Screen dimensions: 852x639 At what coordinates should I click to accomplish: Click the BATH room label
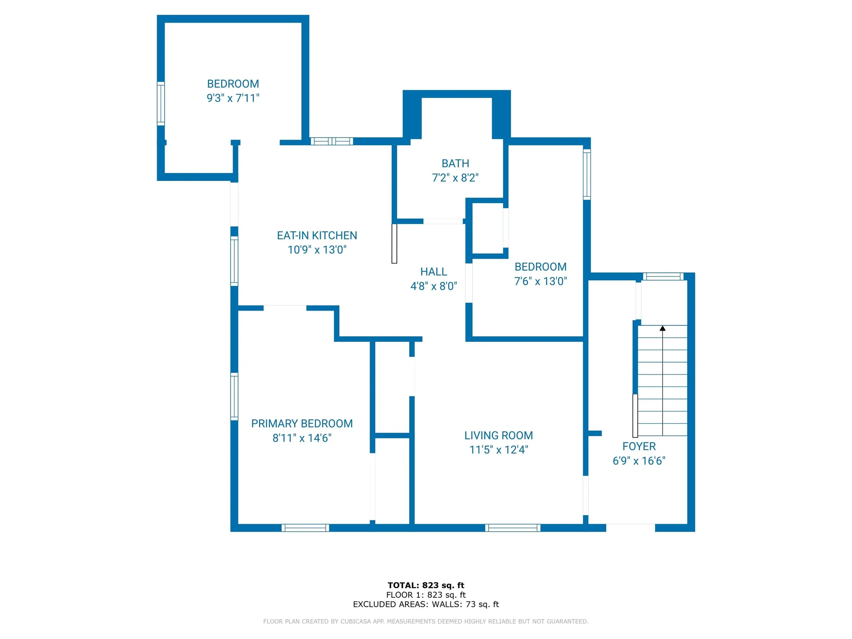(x=455, y=163)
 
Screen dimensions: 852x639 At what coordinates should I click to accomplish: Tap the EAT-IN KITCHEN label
(x=317, y=236)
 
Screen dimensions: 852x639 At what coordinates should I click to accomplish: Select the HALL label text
(x=434, y=272)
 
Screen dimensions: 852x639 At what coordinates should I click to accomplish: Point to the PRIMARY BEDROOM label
(x=302, y=424)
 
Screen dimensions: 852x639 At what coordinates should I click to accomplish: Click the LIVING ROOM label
(x=499, y=436)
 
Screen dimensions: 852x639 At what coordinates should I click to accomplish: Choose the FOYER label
(x=639, y=446)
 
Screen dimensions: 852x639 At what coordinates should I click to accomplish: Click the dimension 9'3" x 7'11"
(x=233, y=98)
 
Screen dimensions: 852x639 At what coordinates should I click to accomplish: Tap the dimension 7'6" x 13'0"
(x=540, y=281)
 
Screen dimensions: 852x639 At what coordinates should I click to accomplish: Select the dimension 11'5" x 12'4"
(x=499, y=450)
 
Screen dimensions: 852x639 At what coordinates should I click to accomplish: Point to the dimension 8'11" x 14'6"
(x=302, y=438)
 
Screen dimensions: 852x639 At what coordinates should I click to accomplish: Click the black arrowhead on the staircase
(x=663, y=328)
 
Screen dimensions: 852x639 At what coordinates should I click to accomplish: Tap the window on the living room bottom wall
(x=513, y=528)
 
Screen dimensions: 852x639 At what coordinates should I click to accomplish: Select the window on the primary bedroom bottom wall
(x=305, y=528)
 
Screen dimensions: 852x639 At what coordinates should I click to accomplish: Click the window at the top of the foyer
(x=663, y=277)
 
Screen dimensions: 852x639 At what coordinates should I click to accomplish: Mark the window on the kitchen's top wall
(x=331, y=142)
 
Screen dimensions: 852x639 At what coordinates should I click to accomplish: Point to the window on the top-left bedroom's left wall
(x=161, y=103)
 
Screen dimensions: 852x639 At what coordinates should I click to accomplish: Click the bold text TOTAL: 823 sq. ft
(x=426, y=585)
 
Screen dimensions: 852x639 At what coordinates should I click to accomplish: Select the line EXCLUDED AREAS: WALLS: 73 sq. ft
(x=426, y=604)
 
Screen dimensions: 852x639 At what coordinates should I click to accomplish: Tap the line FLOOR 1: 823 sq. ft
(x=426, y=595)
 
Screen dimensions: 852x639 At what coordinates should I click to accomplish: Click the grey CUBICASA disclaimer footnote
(x=426, y=621)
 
